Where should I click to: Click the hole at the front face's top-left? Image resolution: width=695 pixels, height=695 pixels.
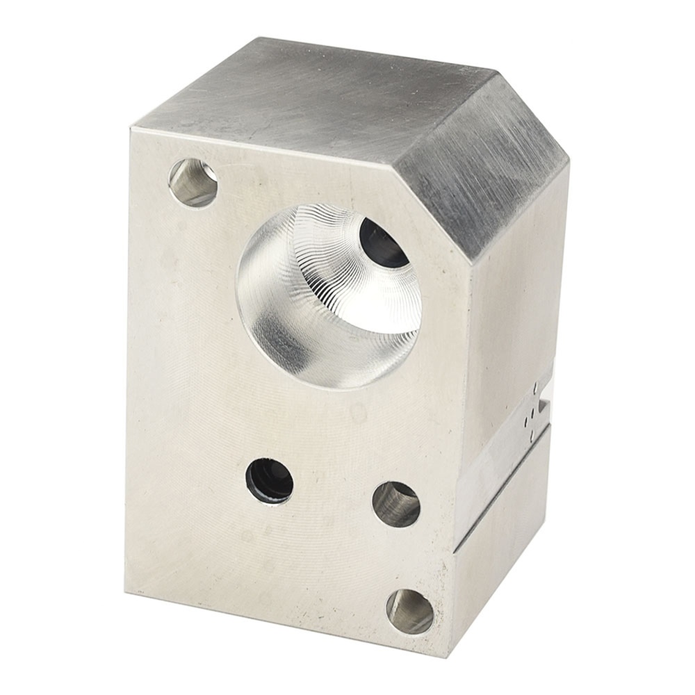pyautogui.click(x=193, y=183)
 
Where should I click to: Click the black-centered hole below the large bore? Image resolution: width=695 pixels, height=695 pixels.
pyautogui.click(x=270, y=480)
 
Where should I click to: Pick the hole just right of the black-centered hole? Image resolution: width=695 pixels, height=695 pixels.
pyautogui.click(x=396, y=504)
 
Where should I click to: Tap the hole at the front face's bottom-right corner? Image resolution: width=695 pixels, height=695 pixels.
pyautogui.click(x=410, y=611)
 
